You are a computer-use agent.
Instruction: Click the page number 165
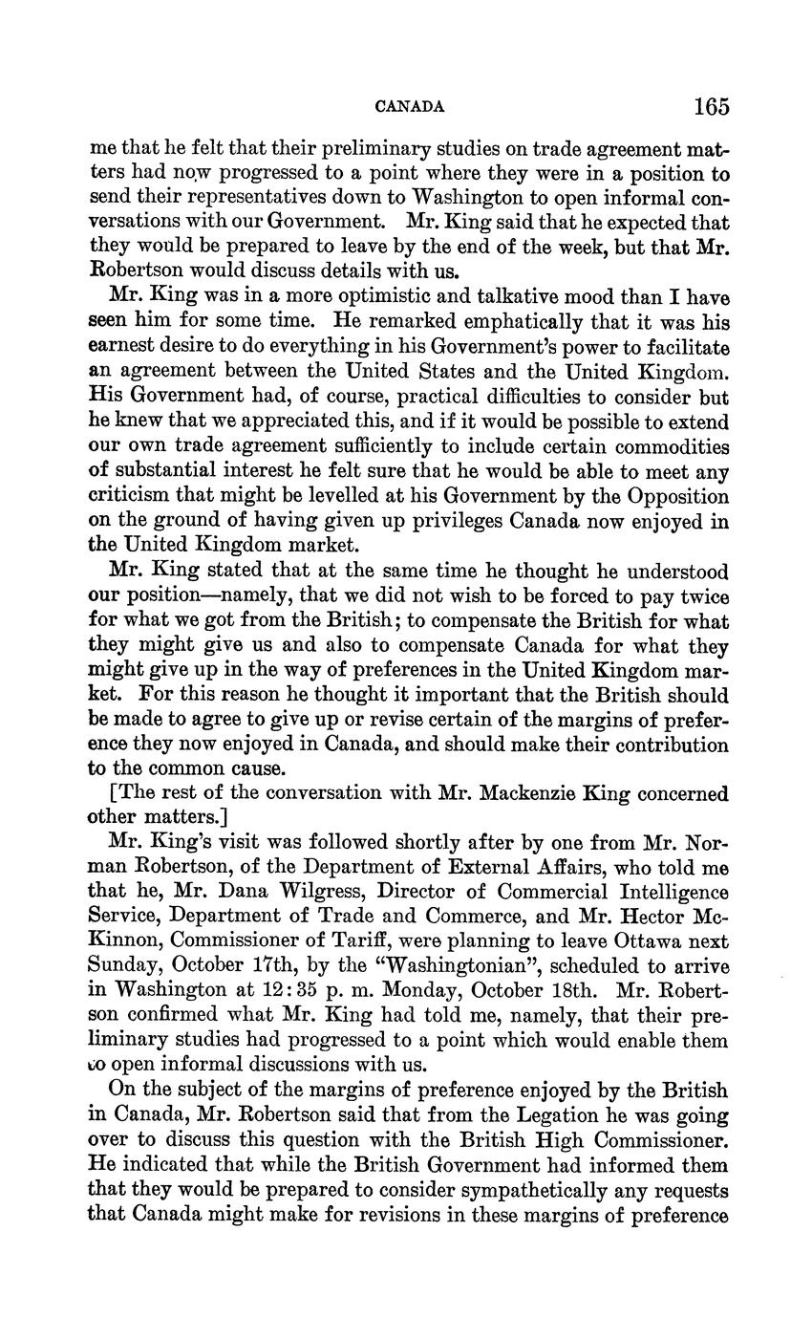coord(712,105)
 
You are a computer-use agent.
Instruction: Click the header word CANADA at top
coord(410,107)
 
